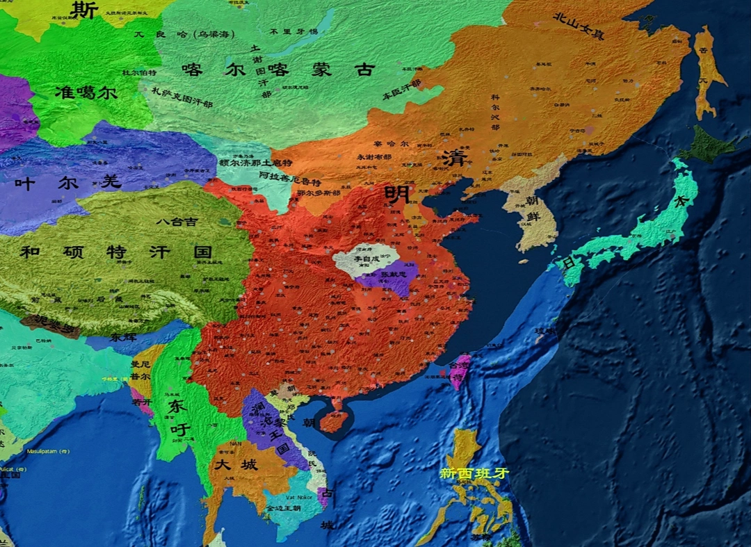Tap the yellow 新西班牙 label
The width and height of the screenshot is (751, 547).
(x=474, y=473)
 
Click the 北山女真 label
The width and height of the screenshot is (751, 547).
(x=578, y=26)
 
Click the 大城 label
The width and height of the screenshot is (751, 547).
(x=236, y=464)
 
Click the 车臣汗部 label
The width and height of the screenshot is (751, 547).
(x=401, y=88)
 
